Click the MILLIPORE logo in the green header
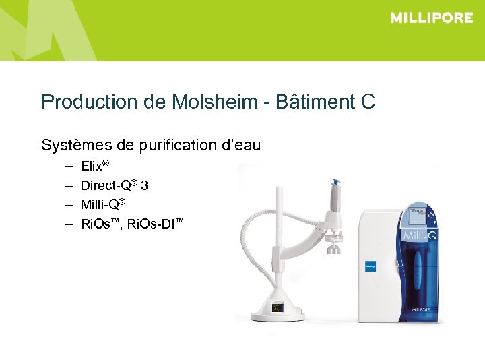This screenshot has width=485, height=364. [432, 18]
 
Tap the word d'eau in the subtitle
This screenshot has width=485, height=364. [240, 145]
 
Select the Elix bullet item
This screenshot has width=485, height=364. [94, 166]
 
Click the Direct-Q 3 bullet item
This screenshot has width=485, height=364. [114, 185]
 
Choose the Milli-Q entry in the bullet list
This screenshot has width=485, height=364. [102, 204]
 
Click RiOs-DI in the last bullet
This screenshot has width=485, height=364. [159, 223]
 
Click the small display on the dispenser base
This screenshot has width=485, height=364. [278, 308]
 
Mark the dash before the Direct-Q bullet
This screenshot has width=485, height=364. [69, 185]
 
